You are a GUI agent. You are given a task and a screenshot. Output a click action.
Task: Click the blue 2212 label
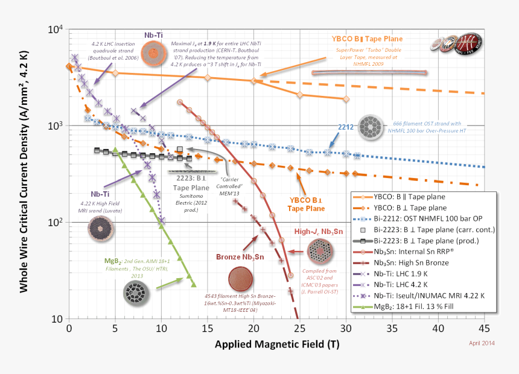pyautogui.click(x=345, y=127)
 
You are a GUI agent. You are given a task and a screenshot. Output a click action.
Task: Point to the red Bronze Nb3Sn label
pyautogui.click(x=241, y=257)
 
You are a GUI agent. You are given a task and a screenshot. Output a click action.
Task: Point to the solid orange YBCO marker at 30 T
pyautogui.click(x=346, y=99)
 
